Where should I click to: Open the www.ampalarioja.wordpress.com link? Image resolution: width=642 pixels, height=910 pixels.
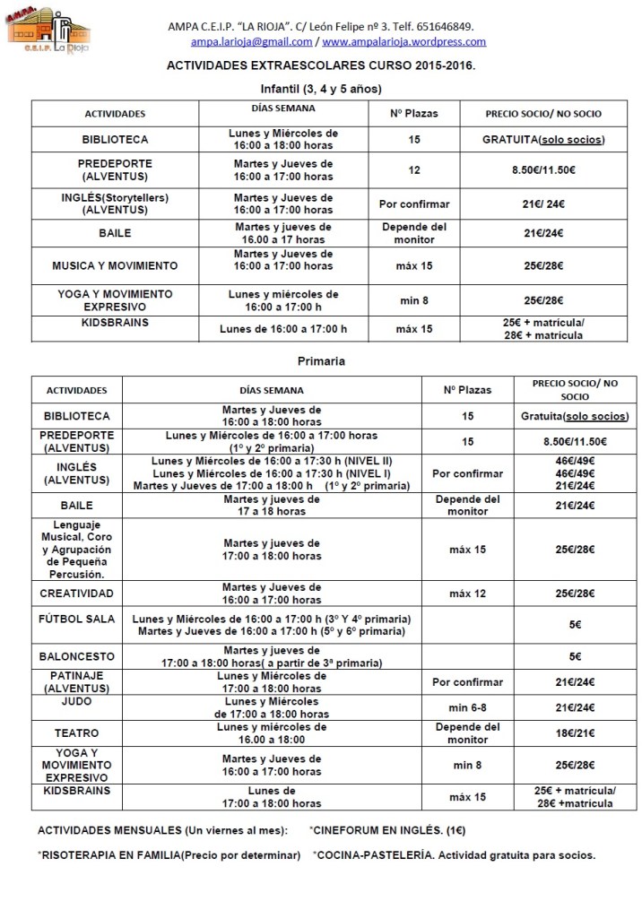403,41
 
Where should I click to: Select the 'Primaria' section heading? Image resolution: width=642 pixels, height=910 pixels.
320,361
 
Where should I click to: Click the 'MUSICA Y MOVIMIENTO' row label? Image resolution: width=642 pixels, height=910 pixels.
115,265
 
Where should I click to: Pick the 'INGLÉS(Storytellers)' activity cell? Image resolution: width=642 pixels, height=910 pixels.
115,204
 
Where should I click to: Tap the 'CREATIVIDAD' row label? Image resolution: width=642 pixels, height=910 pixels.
77,594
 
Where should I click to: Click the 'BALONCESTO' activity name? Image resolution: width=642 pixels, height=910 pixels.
77,656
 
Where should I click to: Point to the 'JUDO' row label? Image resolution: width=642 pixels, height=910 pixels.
77,707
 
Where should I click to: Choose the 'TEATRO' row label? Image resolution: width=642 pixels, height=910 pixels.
77,732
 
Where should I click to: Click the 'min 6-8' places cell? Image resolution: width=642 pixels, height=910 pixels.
466,707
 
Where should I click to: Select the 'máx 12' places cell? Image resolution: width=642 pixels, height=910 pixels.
466,594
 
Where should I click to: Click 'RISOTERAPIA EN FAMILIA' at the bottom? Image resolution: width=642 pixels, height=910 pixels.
109,854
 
